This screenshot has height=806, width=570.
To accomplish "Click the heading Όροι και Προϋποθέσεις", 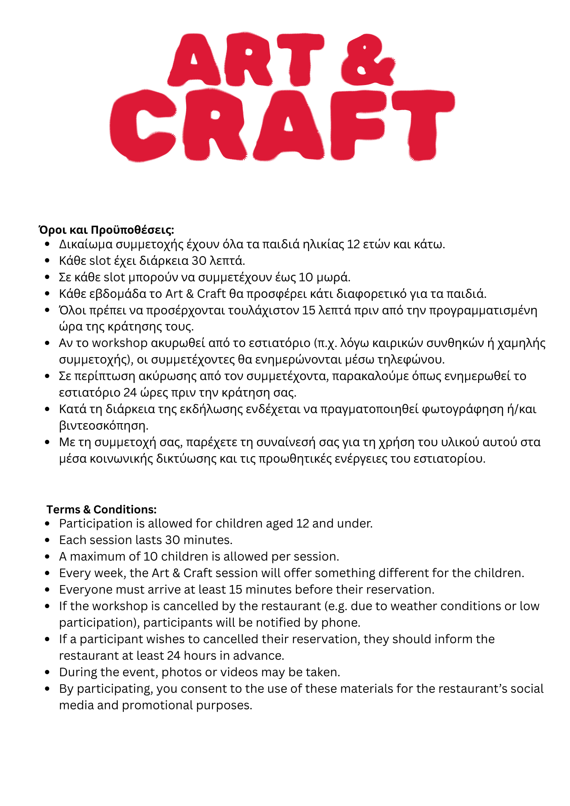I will coord(106,230).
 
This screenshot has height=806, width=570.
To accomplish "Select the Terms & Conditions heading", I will coord(102,509).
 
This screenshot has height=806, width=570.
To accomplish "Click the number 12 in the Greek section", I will coord(353,244).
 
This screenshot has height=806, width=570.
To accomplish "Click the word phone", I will coord(340,623).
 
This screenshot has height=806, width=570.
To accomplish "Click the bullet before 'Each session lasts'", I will coord(48,540).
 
